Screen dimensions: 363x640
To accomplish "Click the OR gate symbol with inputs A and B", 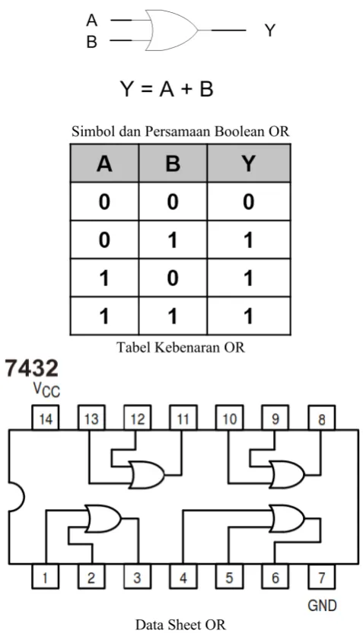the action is click(x=172, y=30).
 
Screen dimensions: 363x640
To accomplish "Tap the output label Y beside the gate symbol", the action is click(x=269, y=30).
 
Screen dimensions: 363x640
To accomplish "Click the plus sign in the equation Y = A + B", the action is click(x=186, y=89).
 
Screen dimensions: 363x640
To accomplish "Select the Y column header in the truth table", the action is click(x=249, y=164).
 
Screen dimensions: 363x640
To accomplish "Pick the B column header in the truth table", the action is click(x=173, y=164).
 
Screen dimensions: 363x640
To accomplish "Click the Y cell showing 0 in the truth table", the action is click(x=249, y=202).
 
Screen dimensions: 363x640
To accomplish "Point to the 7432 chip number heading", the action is click(x=31, y=368).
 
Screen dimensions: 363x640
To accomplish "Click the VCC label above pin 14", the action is click(x=46, y=390).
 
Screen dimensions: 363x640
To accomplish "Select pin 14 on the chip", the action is click(x=46, y=418).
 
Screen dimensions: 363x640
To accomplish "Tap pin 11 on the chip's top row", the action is click(x=183, y=418).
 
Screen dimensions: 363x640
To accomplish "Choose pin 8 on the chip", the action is click(x=321, y=418).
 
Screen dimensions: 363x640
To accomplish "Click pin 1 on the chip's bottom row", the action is click(x=46, y=577).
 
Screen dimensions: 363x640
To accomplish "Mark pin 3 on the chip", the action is click(x=137, y=577).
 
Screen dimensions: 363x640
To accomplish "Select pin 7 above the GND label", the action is click(x=321, y=577).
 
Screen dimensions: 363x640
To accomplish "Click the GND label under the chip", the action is click(x=322, y=604).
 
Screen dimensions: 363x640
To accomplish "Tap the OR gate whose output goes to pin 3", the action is click(x=103, y=518).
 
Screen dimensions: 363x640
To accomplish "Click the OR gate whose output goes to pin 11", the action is click(x=147, y=475).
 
